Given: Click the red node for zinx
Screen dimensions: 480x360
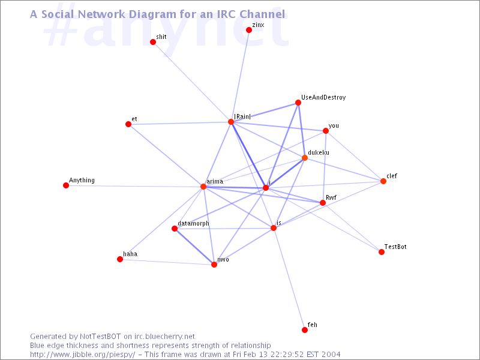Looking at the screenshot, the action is (x=249, y=30).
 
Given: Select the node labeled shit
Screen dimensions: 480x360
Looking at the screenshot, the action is (x=153, y=42).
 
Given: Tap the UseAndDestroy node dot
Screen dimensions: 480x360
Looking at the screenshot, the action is (x=298, y=103).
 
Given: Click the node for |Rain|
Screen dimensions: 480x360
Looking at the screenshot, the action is (x=231, y=122).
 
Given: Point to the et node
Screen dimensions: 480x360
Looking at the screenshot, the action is (x=128, y=124).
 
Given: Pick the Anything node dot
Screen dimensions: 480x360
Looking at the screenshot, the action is (x=66, y=185).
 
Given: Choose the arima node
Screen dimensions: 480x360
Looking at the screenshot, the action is (x=203, y=187).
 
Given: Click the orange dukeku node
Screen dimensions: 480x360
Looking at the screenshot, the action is (x=305, y=158).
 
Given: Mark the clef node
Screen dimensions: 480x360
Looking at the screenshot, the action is (x=383, y=181).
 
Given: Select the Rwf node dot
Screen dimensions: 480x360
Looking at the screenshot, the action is (x=323, y=203).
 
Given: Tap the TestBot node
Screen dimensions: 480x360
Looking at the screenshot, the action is (x=382, y=252).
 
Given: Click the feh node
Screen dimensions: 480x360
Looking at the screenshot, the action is (x=305, y=329).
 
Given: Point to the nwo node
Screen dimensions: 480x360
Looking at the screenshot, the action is (x=214, y=265).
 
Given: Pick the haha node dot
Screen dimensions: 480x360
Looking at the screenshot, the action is (x=120, y=259).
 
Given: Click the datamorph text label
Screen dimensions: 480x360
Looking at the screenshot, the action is (x=193, y=223).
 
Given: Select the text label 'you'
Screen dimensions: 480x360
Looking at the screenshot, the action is (x=334, y=126).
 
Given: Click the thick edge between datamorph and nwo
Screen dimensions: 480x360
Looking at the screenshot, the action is (x=194, y=247).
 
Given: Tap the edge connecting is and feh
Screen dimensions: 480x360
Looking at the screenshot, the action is (x=289, y=279).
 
